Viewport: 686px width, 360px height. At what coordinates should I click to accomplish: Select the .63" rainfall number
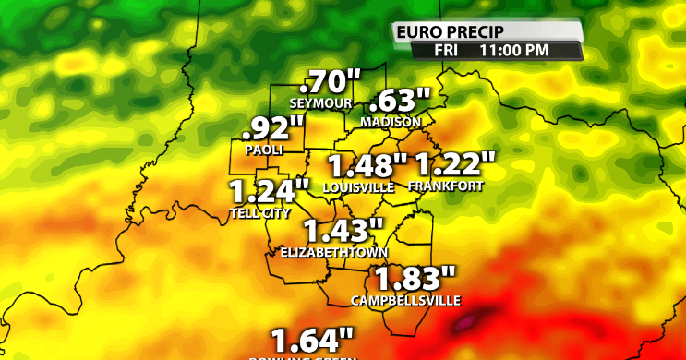pyautogui.click(x=400, y=101)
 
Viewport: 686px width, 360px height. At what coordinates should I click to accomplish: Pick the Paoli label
pyautogui.click(x=264, y=149)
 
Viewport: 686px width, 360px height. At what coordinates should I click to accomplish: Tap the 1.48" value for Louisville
pyautogui.click(x=367, y=167)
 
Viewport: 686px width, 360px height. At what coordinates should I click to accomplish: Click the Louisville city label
pyautogui.click(x=358, y=186)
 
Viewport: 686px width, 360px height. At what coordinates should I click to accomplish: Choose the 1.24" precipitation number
pyautogui.click(x=269, y=193)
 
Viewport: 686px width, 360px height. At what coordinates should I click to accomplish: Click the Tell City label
pyautogui.click(x=259, y=213)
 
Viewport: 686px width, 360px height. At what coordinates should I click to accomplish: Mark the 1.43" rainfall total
pyautogui.click(x=343, y=231)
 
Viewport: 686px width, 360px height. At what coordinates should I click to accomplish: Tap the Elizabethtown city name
pyautogui.click(x=333, y=252)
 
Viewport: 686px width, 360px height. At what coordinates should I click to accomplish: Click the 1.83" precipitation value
pyautogui.click(x=415, y=279)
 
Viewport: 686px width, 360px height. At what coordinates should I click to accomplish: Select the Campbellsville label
pyautogui.click(x=405, y=300)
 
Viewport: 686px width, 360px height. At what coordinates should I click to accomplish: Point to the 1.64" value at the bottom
pyautogui.click(x=312, y=339)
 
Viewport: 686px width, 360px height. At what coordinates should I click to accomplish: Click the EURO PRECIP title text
pyautogui.click(x=440, y=33)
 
